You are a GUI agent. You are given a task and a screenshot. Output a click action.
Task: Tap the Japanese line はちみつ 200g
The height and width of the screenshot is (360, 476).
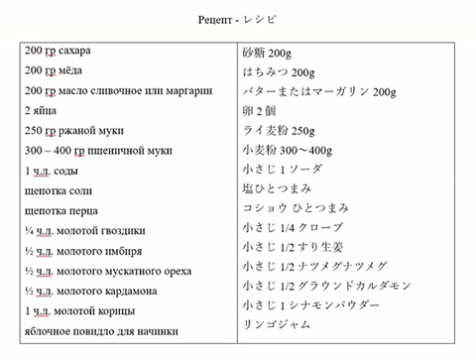[x=279, y=71]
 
